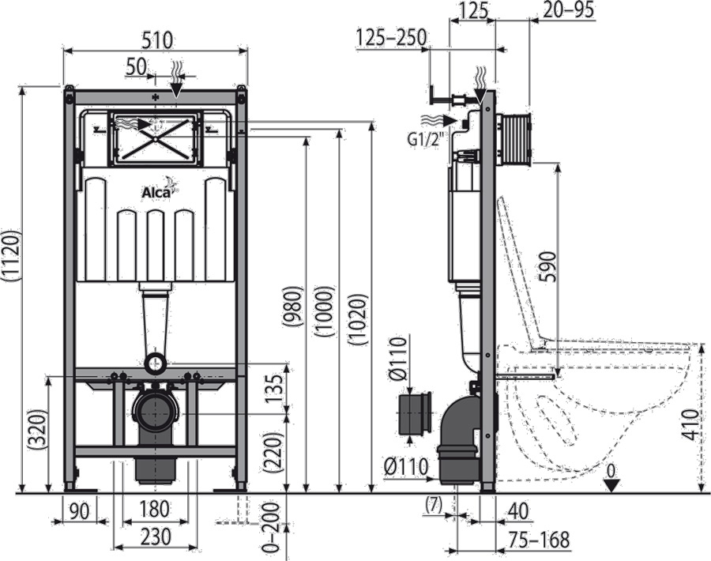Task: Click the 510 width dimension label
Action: click(156, 40)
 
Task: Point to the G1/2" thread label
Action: click(425, 140)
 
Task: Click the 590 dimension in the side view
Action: click(547, 265)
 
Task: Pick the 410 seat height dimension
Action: click(690, 425)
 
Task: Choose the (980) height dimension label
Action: click(293, 307)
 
